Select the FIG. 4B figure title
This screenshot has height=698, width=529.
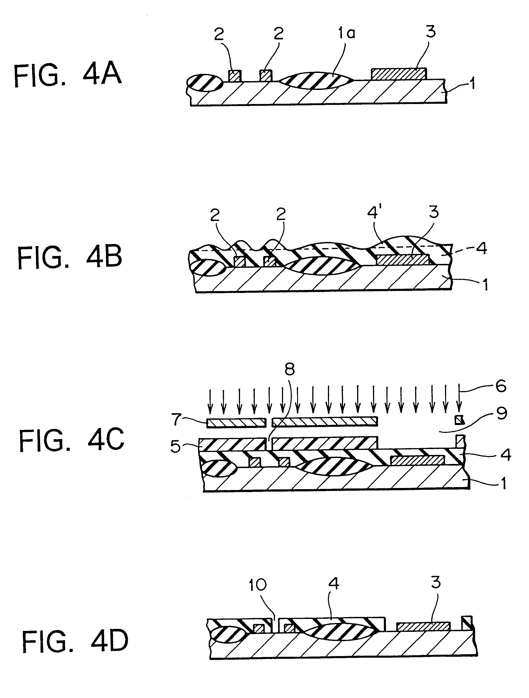[70, 257]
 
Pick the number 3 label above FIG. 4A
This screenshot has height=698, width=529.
[430, 31]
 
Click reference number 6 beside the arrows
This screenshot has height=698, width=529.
[501, 386]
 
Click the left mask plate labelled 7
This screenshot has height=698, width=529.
[236, 423]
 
